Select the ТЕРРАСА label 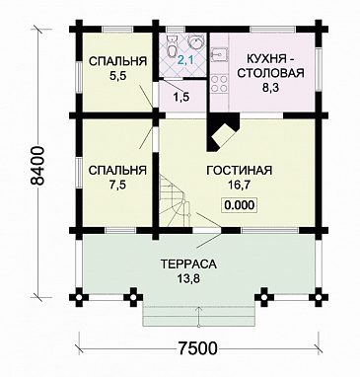pos(187,265)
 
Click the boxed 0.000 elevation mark pos(237,206)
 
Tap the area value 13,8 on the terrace pos(187,281)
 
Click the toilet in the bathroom pos(172,46)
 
